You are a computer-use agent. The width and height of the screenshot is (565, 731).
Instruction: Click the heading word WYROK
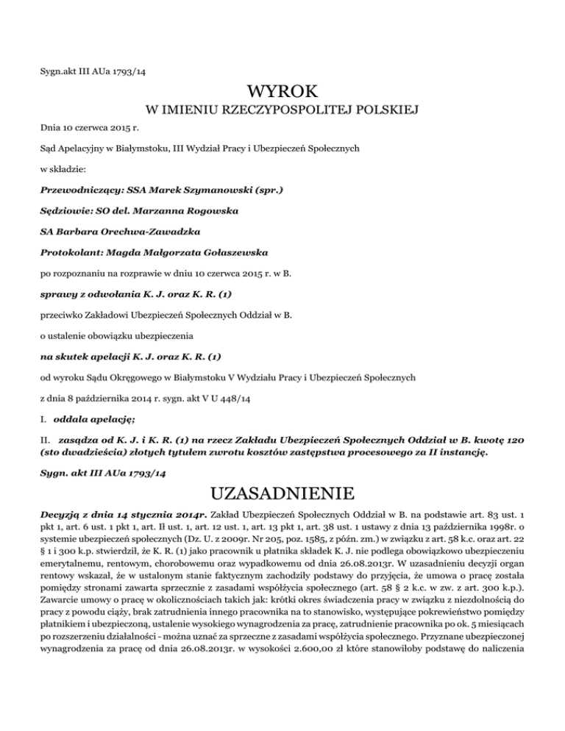[x=282, y=93]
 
